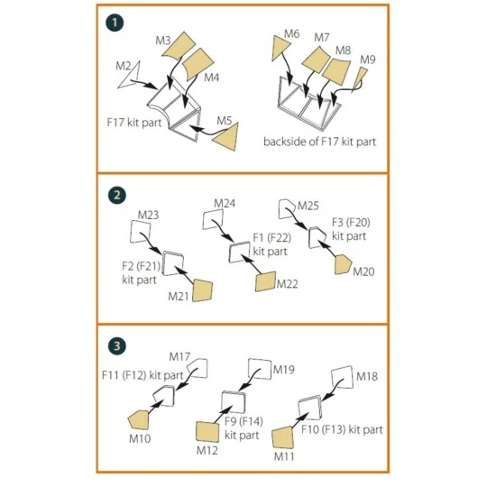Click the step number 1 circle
115,23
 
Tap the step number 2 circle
117,196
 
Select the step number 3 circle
117,346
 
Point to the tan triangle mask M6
280,46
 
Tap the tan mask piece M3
179,45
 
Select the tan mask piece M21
202,290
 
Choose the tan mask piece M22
265,281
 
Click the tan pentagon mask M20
343,264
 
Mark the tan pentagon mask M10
139,419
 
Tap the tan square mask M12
207,431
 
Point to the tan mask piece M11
282,438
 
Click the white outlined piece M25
287,209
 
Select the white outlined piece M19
261,369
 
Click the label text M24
225,204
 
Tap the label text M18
367,376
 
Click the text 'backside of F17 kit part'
319,142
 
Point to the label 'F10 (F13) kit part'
342,430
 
